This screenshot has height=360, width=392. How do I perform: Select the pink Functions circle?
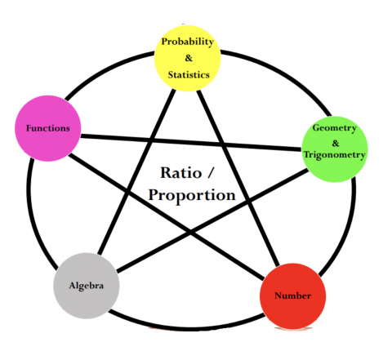click(48, 128)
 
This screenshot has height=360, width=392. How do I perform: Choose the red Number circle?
click(292, 296)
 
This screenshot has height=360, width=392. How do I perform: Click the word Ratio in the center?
click(180, 173)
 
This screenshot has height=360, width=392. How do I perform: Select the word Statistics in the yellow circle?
click(189, 74)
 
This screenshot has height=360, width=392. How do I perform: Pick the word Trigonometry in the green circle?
click(335, 155)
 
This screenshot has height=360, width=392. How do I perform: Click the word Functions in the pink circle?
click(48, 129)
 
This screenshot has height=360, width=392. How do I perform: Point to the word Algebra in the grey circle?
click(86, 287)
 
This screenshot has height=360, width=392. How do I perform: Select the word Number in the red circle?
click(292, 296)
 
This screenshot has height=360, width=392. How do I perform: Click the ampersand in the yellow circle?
click(189, 58)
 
